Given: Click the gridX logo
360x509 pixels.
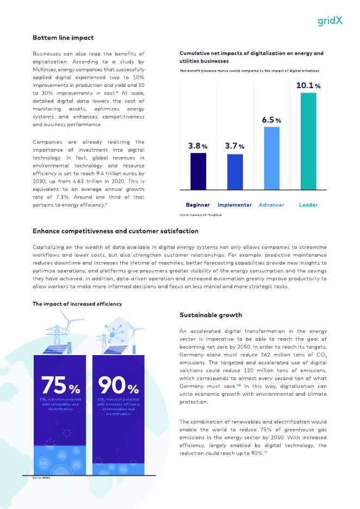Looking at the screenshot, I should (330, 21).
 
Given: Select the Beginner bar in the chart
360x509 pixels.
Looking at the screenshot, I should (198, 171).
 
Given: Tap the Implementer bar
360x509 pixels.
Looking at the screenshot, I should (235, 171).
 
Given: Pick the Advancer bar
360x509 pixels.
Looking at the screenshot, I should (271, 158).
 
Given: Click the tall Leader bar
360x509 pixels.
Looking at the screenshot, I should (308, 141).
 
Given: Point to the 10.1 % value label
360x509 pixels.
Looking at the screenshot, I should (308, 85).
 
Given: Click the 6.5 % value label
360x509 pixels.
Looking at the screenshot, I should (271, 120).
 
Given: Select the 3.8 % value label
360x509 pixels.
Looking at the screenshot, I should (198, 146).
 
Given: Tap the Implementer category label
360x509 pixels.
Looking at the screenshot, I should (234, 205).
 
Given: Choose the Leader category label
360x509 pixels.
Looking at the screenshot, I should (308, 205).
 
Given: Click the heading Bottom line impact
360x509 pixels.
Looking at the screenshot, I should (63, 38).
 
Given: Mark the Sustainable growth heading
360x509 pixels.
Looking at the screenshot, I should (211, 315).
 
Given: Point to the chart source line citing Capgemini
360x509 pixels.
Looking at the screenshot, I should (203, 215).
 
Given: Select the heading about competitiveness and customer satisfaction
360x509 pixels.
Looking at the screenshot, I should (115, 231).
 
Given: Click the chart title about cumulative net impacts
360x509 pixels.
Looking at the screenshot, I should (251, 57).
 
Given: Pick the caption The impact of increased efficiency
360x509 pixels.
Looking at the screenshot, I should (77, 304).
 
